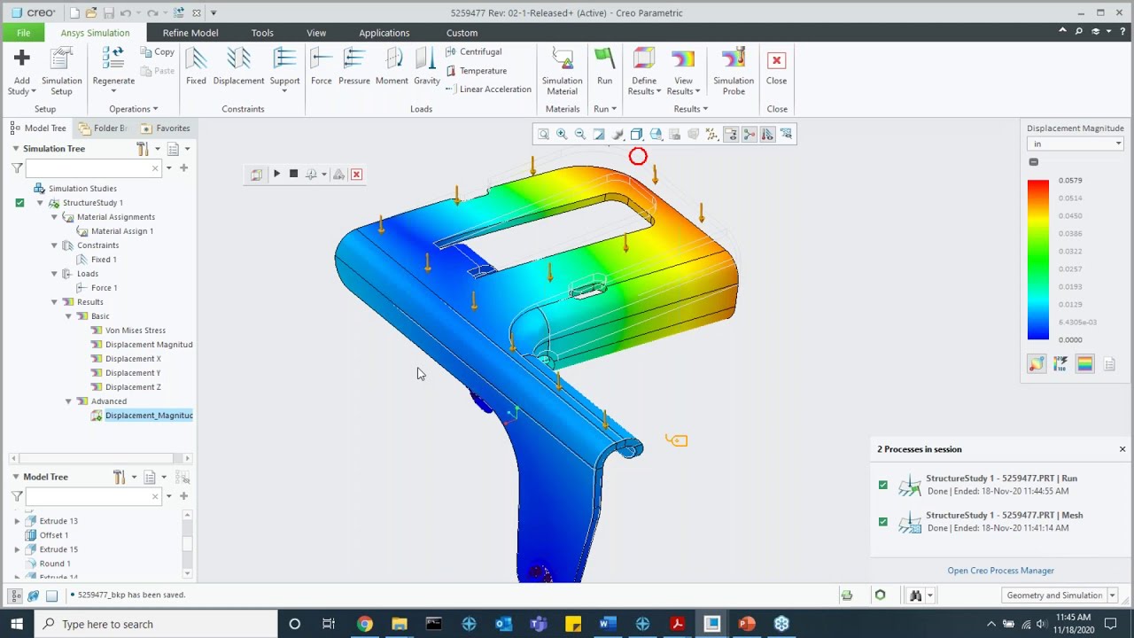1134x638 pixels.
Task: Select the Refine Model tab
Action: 190,33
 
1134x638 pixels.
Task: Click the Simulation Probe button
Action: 733,69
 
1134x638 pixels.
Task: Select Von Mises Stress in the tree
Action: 135,331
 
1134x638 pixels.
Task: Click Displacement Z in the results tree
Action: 133,387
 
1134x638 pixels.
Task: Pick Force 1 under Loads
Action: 104,288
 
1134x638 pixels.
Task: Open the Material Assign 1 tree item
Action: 121,231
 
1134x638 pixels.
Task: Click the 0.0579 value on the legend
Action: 1069,181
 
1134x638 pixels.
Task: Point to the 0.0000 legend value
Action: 1069,340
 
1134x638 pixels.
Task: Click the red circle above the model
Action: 638,158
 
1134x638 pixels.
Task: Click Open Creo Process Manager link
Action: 1000,571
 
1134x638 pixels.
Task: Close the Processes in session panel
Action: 1122,449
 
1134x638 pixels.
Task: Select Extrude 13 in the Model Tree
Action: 58,521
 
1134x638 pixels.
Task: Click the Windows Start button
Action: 17,624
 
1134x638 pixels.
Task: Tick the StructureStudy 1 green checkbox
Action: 19,203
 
